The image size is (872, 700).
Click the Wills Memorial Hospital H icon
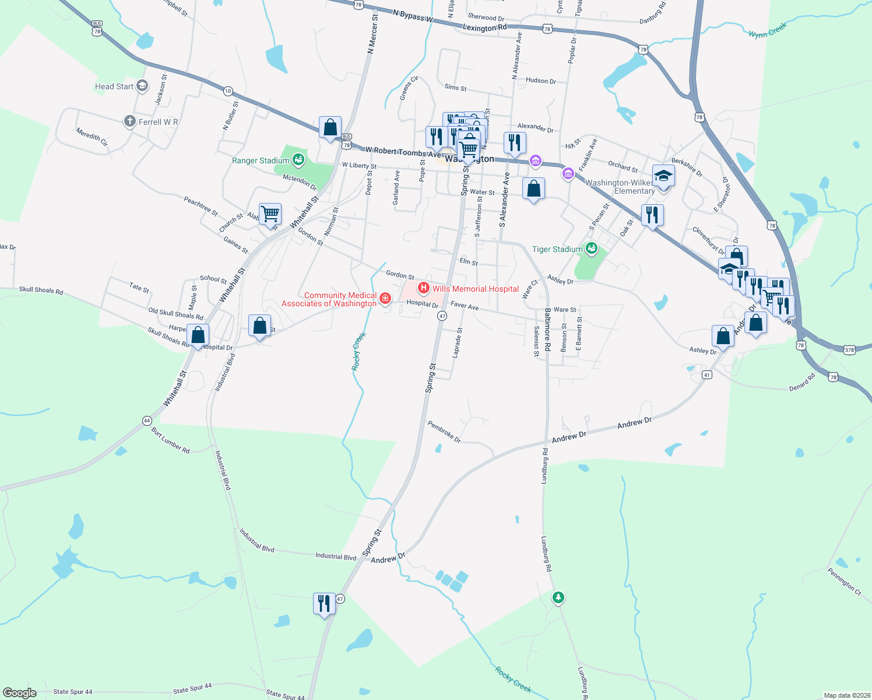point(424,288)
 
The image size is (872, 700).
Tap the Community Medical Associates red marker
point(385,299)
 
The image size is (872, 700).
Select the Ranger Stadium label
point(261,160)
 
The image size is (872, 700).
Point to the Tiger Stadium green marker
point(592,249)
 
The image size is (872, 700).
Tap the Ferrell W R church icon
point(129,121)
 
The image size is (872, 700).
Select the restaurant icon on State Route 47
point(324,604)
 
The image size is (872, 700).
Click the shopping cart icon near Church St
point(270,213)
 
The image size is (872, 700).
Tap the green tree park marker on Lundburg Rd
point(558,597)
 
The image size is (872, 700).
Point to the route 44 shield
point(146,420)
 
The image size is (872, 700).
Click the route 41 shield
point(706,374)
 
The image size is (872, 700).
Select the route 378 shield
point(849,349)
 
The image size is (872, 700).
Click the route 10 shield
point(228,91)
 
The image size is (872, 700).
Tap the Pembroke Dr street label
point(444,432)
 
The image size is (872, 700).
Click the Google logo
point(20,692)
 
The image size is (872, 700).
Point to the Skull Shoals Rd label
point(41,290)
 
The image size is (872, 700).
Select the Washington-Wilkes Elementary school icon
point(663,176)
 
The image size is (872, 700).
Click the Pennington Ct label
point(844,581)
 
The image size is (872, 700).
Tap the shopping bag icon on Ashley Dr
point(723,337)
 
